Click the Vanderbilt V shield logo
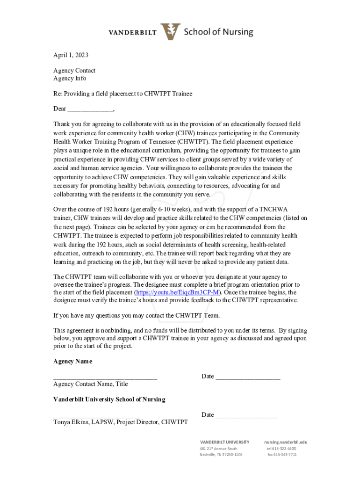[x=170, y=32]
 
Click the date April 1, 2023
[x=71, y=55]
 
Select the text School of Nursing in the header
[x=218, y=32]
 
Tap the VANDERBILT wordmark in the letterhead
[x=133, y=33]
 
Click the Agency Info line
[x=70, y=79]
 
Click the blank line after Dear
[x=90, y=109]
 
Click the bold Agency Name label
[x=72, y=361]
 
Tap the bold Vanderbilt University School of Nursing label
[x=109, y=399]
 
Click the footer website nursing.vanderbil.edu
[x=286, y=442]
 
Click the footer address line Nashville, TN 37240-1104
[x=221, y=455]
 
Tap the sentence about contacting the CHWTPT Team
[x=136, y=315]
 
